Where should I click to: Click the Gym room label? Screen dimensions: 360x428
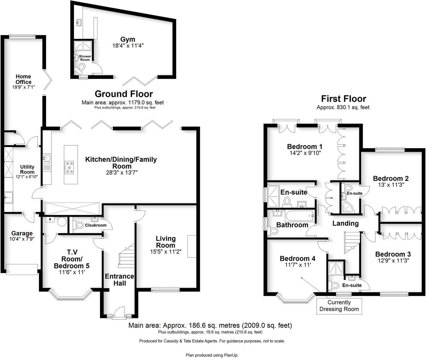point(128,39)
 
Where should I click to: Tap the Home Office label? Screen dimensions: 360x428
point(23,79)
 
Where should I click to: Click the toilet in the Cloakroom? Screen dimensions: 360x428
point(80,225)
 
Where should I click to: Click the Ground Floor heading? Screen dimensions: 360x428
point(124,94)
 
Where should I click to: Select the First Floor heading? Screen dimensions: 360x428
point(343,99)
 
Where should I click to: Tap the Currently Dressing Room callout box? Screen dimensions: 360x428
point(339,306)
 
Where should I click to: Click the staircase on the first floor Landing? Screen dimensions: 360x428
point(351,242)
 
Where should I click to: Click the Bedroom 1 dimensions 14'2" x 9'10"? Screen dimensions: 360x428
point(304,153)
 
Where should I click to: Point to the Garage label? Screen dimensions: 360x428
point(22,233)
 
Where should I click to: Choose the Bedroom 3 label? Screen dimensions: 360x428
point(393,254)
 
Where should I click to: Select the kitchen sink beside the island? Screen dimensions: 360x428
point(47,158)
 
